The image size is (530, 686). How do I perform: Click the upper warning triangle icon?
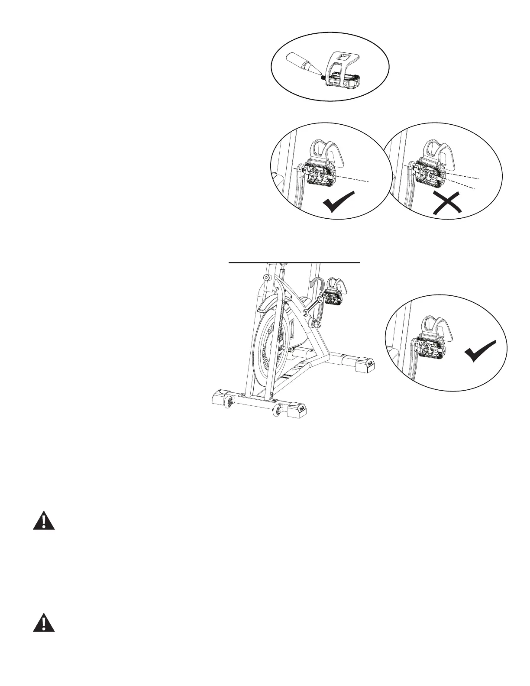(44, 521)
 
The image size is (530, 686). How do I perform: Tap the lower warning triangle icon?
(44, 622)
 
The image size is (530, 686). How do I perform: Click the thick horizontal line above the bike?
(294, 262)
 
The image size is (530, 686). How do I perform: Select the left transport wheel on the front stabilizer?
(228, 404)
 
